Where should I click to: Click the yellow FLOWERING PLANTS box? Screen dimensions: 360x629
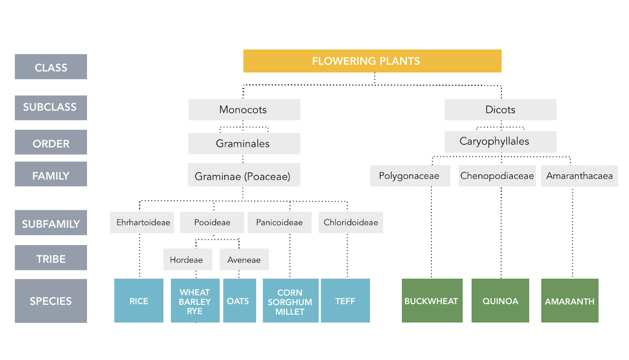click(x=372, y=61)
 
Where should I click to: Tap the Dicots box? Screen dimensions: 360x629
click(x=500, y=110)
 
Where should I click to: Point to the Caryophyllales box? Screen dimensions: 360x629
click(x=500, y=141)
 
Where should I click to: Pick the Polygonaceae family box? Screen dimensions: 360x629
click(x=409, y=176)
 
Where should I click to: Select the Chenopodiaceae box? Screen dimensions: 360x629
click(x=497, y=176)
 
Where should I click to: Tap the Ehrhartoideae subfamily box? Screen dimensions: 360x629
click(x=143, y=223)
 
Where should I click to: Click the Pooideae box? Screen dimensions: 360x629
click(x=212, y=223)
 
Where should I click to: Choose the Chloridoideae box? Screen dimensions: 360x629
click(x=351, y=223)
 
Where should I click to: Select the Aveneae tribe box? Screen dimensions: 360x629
click(x=244, y=259)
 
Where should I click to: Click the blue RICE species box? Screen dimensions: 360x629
click(x=139, y=301)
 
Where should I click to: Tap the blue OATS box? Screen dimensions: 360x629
click(x=239, y=301)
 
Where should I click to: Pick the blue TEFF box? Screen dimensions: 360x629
click(x=345, y=301)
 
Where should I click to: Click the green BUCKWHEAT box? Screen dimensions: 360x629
click(x=432, y=301)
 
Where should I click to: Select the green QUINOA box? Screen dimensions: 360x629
click(x=500, y=301)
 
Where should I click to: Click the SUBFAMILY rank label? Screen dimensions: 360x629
click(x=51, y=223)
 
